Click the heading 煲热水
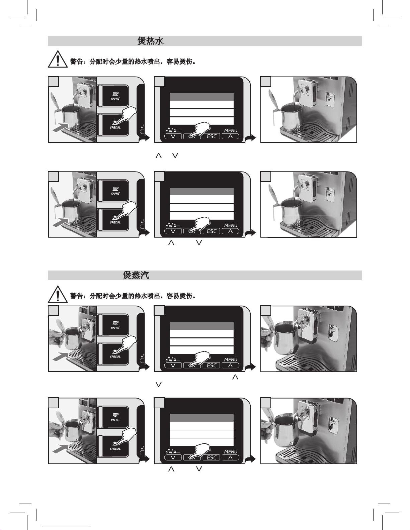[x=150, y=41]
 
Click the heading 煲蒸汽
[x=136, y=275]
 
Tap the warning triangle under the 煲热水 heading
[x=58, y=59]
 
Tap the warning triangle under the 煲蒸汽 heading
[x=58, y=294]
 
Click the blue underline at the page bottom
[x=66, y=527]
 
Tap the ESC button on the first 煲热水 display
[x=211, y=136]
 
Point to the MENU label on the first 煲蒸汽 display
[x=231, y=359]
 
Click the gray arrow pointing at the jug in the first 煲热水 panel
[x=61, y=128]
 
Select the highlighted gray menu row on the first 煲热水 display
[x=201, y=97]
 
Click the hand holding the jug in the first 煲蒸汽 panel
[x=56, y=338]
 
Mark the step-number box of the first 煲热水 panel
[x=54, y=82]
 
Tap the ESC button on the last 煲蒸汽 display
[x=211, y=457]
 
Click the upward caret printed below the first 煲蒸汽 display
[x=235, y=377]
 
